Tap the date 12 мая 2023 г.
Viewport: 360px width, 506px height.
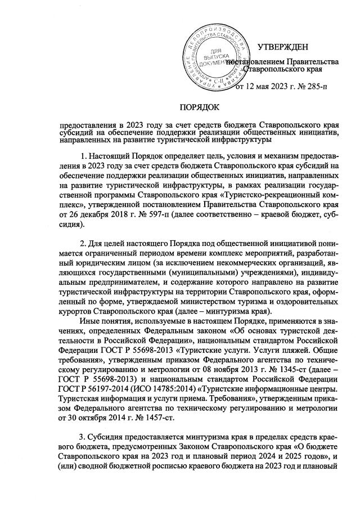click(268, 87)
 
